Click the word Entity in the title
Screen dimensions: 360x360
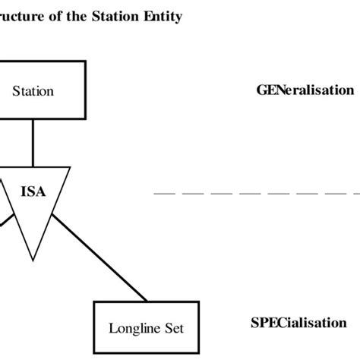point(163,16)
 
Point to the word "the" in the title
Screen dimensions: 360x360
point(84,16)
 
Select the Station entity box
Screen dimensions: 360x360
point(33,91)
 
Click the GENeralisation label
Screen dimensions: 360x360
point(305,90)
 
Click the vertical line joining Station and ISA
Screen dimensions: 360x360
point(33,142)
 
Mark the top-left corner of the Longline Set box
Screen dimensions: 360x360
point(94,302)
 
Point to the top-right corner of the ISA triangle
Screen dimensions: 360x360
point(70,168)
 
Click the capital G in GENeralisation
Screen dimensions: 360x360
point(261,90)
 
